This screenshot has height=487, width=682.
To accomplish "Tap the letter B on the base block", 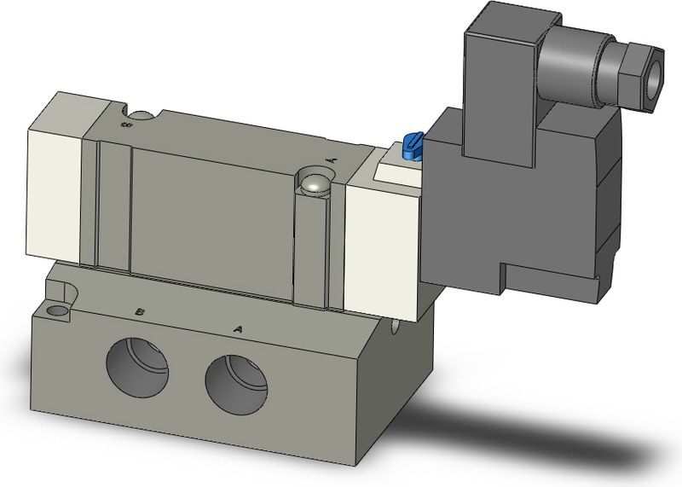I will (x=141, y=312).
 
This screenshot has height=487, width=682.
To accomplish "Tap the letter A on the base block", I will (x=238, y=328).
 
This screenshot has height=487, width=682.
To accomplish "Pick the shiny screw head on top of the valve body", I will (x=315, y=183).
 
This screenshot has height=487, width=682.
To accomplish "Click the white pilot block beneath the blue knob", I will (x=399, y=171).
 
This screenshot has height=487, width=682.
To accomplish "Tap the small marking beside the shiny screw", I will (x=332, y=159).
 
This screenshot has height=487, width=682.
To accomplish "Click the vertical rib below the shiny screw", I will (x=313, y=247).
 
